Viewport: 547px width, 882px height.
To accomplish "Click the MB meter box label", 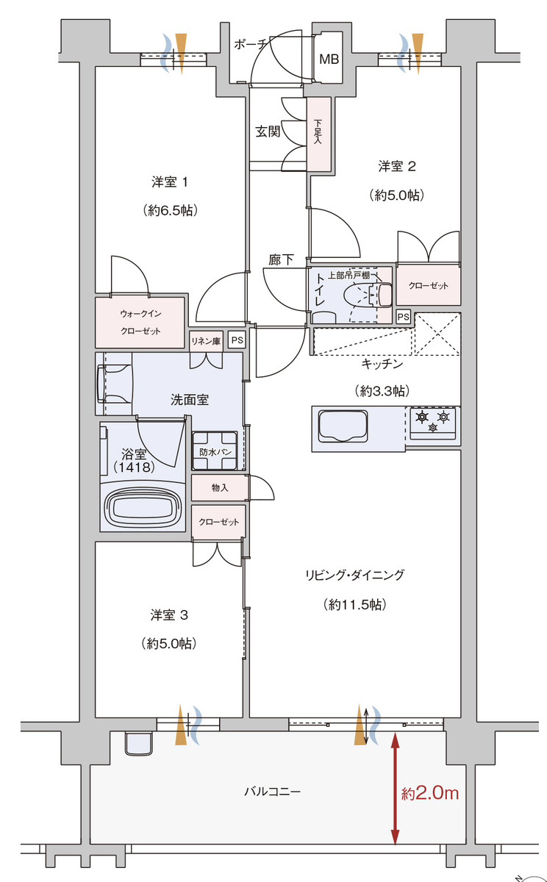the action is [x=329, y=60].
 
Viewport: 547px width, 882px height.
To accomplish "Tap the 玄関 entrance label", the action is [x=268, y=131].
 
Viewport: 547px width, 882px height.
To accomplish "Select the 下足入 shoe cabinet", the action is [x=318, y=134].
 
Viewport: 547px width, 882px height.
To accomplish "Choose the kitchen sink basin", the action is [x=343, y=426].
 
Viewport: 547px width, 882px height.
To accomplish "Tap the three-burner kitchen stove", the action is [x=433, y=423].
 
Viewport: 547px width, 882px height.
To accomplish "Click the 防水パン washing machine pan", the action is [x=215, y=451].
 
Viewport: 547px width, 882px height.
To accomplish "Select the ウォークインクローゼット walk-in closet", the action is [x=140, y=323].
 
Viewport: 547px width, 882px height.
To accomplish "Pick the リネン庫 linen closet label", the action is [x=206, y=341].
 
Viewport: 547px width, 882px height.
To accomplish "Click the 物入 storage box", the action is [x=220, y=488].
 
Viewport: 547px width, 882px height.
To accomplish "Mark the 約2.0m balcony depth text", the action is [x=430, y=792].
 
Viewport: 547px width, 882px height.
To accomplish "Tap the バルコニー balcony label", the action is [x=272, y=792].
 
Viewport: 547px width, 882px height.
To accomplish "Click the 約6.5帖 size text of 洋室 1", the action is [x=170, y=210].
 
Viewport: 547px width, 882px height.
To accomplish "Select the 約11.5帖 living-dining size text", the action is [x=354, y=604].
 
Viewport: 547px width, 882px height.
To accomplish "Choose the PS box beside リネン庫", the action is [x=237, y=340].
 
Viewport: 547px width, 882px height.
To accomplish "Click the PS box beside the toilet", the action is [x=403, y=317].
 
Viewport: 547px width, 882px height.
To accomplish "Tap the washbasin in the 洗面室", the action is [x=114, y=384].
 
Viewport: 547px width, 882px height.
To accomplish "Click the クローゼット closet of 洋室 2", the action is [x=428, y=285].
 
